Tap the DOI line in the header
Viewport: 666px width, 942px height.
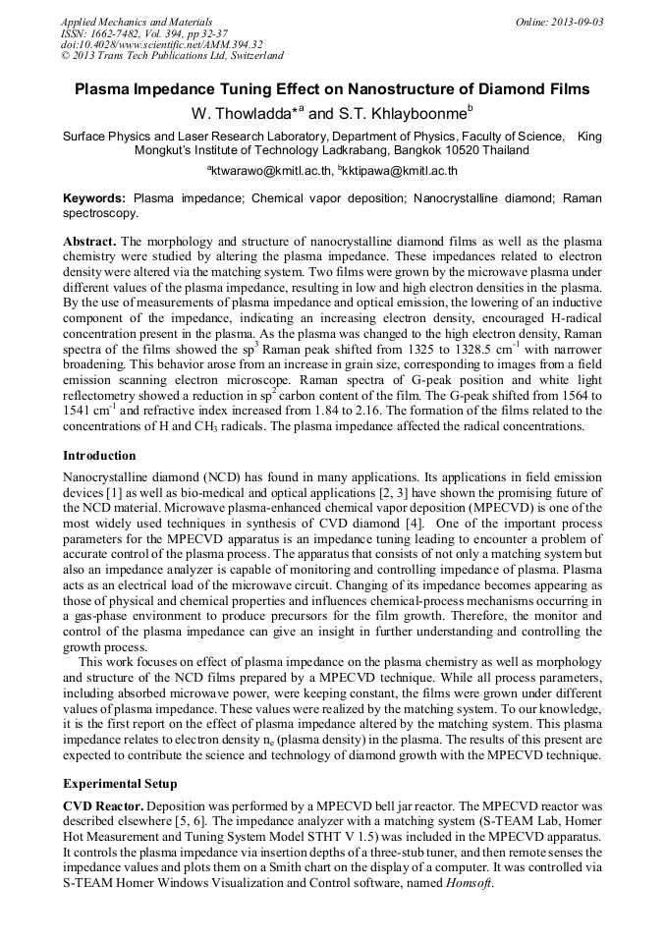click(161, 44)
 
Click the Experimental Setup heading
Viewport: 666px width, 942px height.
click(120, 784)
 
